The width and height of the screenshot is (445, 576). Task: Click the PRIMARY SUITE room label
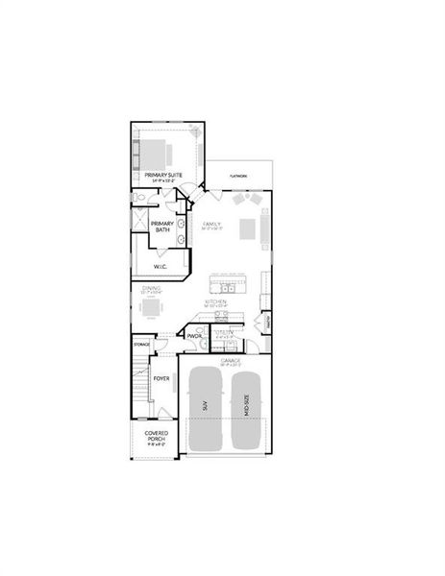(164, 176)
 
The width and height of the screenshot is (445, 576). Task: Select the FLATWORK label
(238, 176)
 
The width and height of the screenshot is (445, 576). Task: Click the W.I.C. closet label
(161, 266)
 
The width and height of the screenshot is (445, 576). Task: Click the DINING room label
(152, 288)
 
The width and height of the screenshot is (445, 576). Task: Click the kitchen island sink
(227, 287)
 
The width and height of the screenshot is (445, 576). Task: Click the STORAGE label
(141, 343)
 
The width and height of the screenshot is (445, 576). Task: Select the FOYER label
(161, 378)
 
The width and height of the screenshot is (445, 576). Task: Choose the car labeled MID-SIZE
(246, 408)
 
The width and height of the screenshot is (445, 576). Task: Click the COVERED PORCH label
(157, 437)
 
